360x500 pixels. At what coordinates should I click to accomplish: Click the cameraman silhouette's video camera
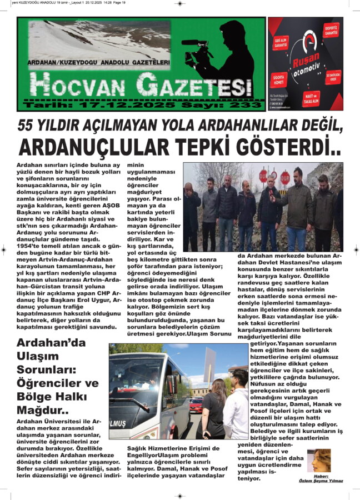click(197, 44)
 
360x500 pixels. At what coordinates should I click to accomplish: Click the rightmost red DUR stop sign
click(284, 178)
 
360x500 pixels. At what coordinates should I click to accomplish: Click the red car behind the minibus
click(196, 405)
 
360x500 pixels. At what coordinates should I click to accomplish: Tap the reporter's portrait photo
click(319, 461)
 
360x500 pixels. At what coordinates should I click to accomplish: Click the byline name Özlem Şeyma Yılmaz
click(321, 481)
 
